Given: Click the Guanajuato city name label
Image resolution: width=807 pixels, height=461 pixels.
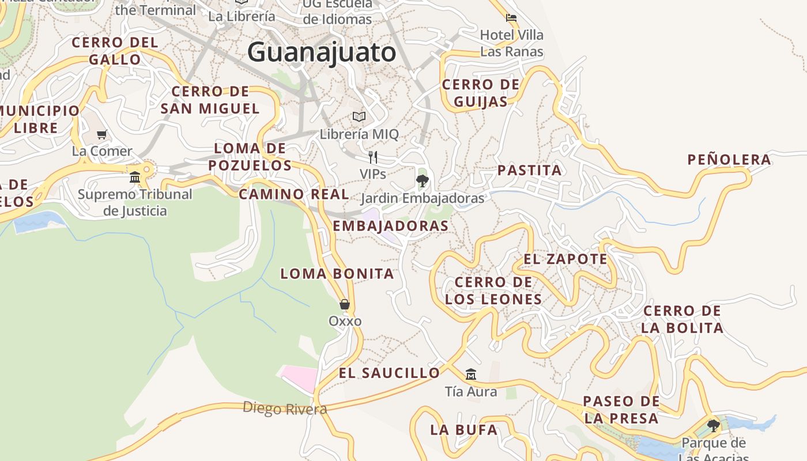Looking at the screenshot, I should pos(322,52).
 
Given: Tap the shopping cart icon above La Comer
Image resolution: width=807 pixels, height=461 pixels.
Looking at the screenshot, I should pos(102,135).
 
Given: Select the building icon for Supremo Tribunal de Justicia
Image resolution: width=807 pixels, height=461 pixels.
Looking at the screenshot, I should pos(135,177).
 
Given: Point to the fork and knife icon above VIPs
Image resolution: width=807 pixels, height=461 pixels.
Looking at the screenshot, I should pos(373,157).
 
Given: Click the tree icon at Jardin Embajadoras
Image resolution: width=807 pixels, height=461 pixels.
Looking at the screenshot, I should pos(422,181).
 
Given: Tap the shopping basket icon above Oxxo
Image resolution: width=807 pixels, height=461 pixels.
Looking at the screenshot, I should pos(345,304).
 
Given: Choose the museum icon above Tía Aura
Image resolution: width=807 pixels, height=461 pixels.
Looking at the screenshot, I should pos(471,375).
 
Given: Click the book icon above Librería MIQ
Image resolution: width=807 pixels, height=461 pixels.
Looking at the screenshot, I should pos(359,117).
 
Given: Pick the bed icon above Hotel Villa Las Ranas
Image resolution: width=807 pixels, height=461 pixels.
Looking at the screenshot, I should pos(511,18).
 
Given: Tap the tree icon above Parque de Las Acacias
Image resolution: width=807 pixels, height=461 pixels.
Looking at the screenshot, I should pos(714,426).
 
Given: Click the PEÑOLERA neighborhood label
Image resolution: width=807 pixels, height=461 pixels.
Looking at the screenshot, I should pos(729,160).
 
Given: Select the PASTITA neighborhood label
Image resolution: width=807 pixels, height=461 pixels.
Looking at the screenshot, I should pos(529,171).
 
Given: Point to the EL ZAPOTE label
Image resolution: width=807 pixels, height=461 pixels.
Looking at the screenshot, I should pos(565,259).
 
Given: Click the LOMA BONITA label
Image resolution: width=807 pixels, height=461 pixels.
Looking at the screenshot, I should pos(337,274).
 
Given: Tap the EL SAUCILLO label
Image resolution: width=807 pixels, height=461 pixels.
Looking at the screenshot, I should pos(389,373).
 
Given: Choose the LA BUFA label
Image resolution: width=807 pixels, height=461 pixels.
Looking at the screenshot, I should pos(463,430).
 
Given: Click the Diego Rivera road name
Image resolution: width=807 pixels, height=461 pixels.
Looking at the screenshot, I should pos(285,409).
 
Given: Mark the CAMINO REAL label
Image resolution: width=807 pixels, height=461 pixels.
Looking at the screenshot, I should pos(294,195).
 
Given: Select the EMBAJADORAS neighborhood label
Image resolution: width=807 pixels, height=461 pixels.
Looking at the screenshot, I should pos(391,226).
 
